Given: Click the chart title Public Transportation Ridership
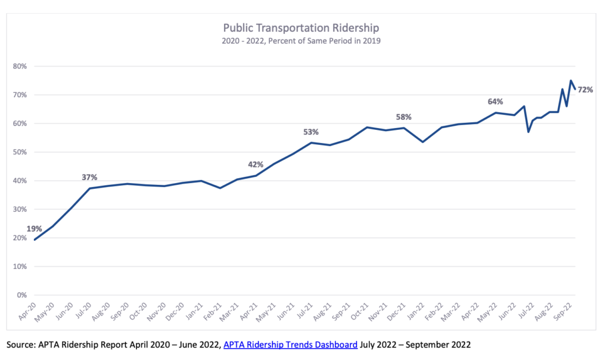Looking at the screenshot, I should (301, 28).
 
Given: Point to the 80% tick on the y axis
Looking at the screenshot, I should (20, 66).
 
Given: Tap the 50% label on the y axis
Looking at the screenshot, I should (20, 152).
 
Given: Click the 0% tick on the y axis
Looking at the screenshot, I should (21, 295).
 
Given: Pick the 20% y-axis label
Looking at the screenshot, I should (20, 238).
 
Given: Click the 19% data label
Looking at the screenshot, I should (34, 229).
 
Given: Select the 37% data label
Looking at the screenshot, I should (89, 178).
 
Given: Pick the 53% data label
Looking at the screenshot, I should (311, 132).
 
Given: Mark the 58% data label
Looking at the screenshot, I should (403, 117).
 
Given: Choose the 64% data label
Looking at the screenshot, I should (495, 101).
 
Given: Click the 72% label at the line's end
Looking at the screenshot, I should (585, 90).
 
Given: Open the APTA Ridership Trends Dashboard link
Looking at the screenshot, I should (290, 345).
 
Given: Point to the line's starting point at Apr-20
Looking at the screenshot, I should (35, 240).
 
